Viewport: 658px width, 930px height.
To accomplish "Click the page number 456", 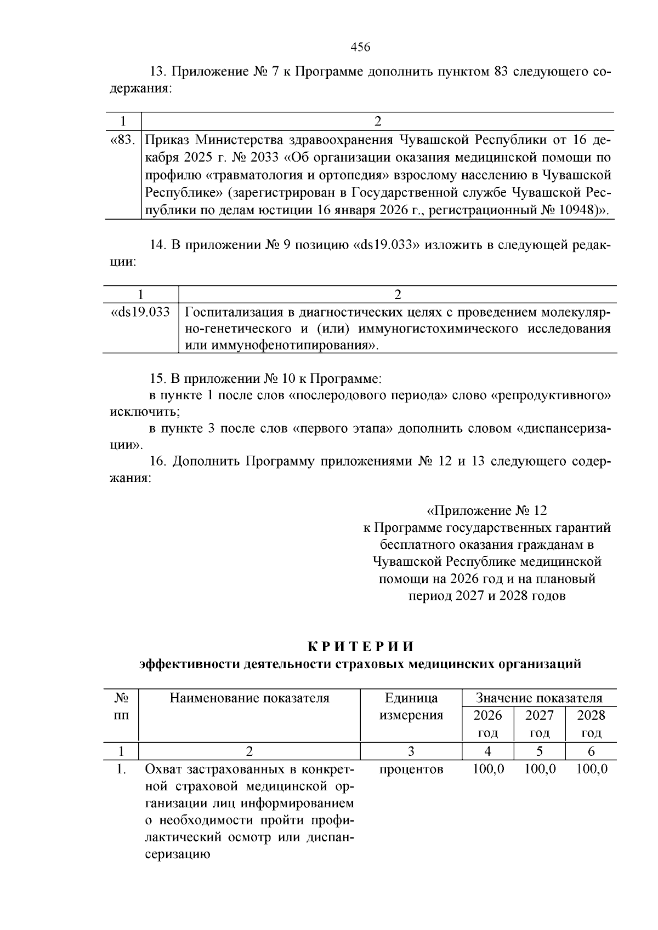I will click(360, 47).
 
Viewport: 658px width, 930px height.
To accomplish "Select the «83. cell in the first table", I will click(122, 140).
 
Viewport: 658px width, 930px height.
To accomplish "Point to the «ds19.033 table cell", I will click(140, 312).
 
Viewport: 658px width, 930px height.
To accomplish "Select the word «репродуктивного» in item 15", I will click(553, 395).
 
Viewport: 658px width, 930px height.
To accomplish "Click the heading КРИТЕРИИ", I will click(360, 647).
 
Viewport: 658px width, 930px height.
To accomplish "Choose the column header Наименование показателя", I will click(249, 698).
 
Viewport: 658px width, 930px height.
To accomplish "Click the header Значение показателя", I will click(539, 698).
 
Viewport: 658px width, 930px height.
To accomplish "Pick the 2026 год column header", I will click(487, 724).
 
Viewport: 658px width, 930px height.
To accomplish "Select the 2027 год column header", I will click(540, 724).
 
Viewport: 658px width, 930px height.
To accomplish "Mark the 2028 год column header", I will click(591, 724).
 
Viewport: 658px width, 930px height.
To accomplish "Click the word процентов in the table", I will click(411, 769).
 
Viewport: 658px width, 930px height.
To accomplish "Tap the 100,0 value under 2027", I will click(540, 769).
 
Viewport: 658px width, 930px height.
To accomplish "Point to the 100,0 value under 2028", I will click(592, 769).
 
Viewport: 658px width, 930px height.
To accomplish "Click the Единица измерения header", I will click(411, 707).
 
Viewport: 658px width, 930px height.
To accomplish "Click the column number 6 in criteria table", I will click(591, 751).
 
